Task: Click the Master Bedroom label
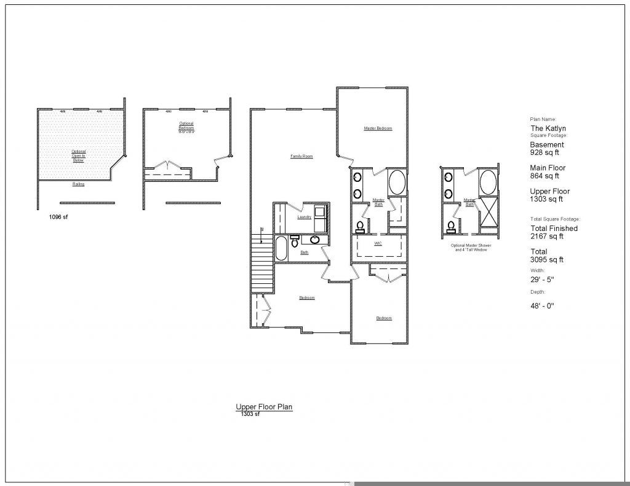click(x=378, y=128)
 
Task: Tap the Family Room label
click(x=301, y=157)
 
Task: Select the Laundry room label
click(x=304, y=217)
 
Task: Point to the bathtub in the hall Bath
click(x=281, y=248)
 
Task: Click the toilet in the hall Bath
click(x=294, y=239)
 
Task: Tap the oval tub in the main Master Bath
click(x=397, y=182)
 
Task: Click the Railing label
click(x=78, y=184)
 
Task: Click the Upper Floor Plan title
click(x=263, y=407)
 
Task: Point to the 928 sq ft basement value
click(x=544, y=152)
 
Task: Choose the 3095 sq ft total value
click(x=547, y=260)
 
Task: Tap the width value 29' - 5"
click(x=543, y=280)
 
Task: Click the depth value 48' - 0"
click(x=543, y=305)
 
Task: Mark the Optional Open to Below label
click(x=79, y=155)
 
